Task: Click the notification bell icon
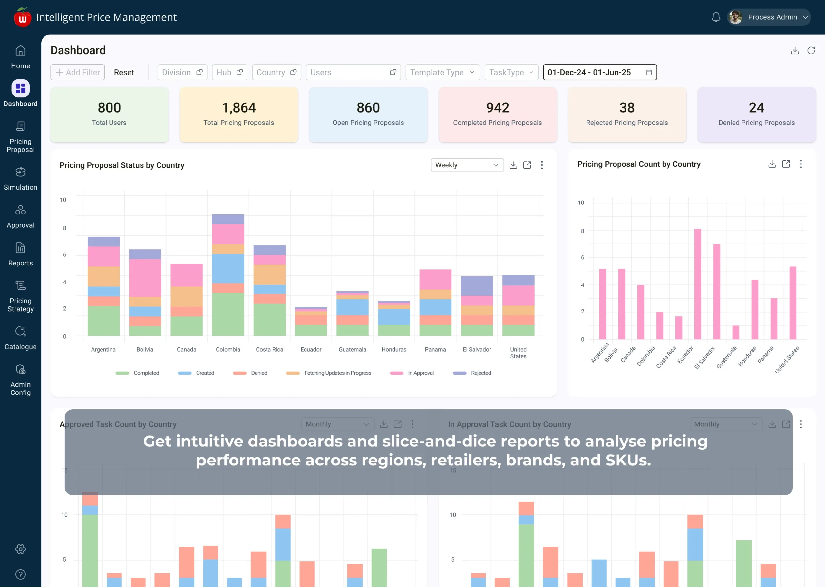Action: point(716,17)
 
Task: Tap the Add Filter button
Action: point(78,72)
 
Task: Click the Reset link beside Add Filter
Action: point(124,72)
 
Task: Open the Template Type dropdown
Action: point(442,72)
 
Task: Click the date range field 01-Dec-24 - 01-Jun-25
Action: point(599,72)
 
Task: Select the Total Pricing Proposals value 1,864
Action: point(239,108)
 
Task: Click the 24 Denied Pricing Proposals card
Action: point(756,114)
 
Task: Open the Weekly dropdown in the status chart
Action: point(467,165)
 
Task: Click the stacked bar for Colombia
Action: point(228,275)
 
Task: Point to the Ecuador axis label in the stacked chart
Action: point(311,349)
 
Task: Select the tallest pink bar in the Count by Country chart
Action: point(698,284)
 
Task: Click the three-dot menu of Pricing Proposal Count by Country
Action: point(801,164)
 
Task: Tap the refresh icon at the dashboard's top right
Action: point(811,51)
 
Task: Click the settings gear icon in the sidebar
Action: point(21,549)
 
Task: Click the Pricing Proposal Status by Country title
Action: point(122,165)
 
